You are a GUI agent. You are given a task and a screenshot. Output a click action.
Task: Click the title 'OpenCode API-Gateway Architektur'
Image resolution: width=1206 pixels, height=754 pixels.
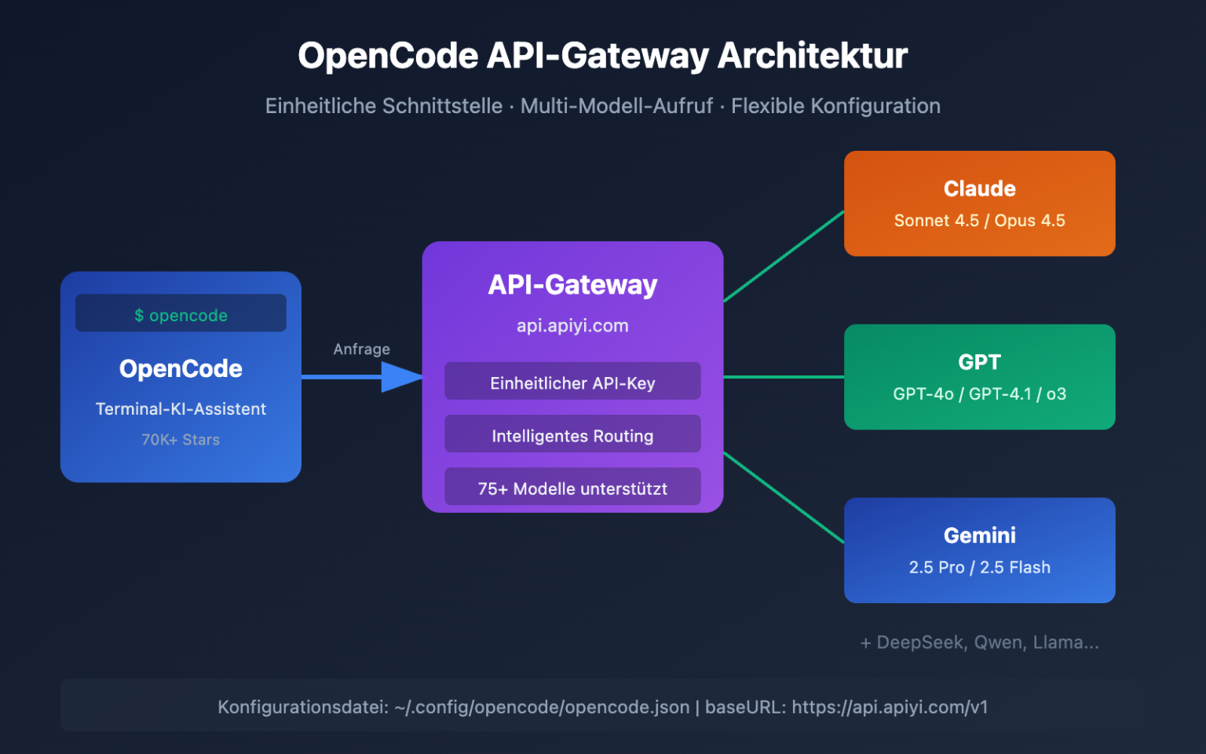pos(602,56)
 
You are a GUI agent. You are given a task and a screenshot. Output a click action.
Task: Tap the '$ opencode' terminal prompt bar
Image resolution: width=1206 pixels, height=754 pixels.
pos(181,314)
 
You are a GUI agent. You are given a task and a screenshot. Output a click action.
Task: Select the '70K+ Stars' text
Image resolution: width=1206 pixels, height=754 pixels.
pos(181,440)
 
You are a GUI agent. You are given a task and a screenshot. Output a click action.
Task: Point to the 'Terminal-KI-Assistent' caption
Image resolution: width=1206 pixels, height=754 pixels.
pos(181,409)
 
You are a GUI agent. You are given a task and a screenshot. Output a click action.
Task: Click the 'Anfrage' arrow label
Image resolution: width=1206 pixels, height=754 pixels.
pos(361,349)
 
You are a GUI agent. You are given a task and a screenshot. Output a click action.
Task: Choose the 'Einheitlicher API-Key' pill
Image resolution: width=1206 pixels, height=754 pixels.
pos(572,382)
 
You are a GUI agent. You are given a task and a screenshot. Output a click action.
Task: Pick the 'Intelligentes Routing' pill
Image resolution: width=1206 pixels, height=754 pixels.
pos(572,435)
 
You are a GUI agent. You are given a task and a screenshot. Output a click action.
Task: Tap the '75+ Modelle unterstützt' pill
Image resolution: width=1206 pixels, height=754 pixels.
pos(572,488)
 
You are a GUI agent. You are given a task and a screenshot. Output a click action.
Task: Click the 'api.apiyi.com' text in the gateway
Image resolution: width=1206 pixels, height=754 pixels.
pos(572,325)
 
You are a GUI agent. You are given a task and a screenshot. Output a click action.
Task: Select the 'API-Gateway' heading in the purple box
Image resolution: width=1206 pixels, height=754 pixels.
pos(572,284)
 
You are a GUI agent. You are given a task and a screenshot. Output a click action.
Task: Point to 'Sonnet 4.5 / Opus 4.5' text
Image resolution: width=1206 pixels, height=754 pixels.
pos(979,221)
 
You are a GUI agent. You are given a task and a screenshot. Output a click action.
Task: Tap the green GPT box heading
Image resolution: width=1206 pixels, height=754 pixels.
pos(979,362)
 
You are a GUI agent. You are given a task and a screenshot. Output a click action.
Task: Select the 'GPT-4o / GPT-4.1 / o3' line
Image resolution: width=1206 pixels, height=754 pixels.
pos(979,394)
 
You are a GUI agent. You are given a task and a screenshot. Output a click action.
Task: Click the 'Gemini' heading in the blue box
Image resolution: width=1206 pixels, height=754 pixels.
pos(979,536)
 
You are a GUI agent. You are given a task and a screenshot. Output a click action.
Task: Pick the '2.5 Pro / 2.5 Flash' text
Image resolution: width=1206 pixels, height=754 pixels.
pos(979,567)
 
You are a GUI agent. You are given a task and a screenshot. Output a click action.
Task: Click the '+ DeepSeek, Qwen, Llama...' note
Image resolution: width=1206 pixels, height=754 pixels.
pos(979,642)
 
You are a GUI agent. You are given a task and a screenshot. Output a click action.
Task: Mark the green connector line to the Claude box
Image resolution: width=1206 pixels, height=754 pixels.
pos(784,256)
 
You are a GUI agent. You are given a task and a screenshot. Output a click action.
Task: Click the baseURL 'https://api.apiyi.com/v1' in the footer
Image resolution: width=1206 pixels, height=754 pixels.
pos(889,707)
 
